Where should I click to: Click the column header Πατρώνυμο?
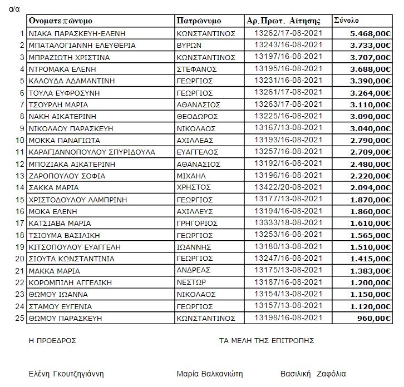click(x=199, y=21)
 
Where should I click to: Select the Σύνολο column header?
click(x=347, y=20)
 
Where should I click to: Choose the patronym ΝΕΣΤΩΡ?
click(x=190, y=282)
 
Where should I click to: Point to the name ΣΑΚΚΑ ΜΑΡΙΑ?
click(x=53, y=187)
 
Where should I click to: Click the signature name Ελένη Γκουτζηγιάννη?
click(x=66, y=374)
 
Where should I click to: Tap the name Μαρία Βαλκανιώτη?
click(x=209, y=374)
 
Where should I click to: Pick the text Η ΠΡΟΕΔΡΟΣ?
click(x=52, y=340)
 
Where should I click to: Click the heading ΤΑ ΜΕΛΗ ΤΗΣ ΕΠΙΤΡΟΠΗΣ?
click(x=267, y=340)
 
